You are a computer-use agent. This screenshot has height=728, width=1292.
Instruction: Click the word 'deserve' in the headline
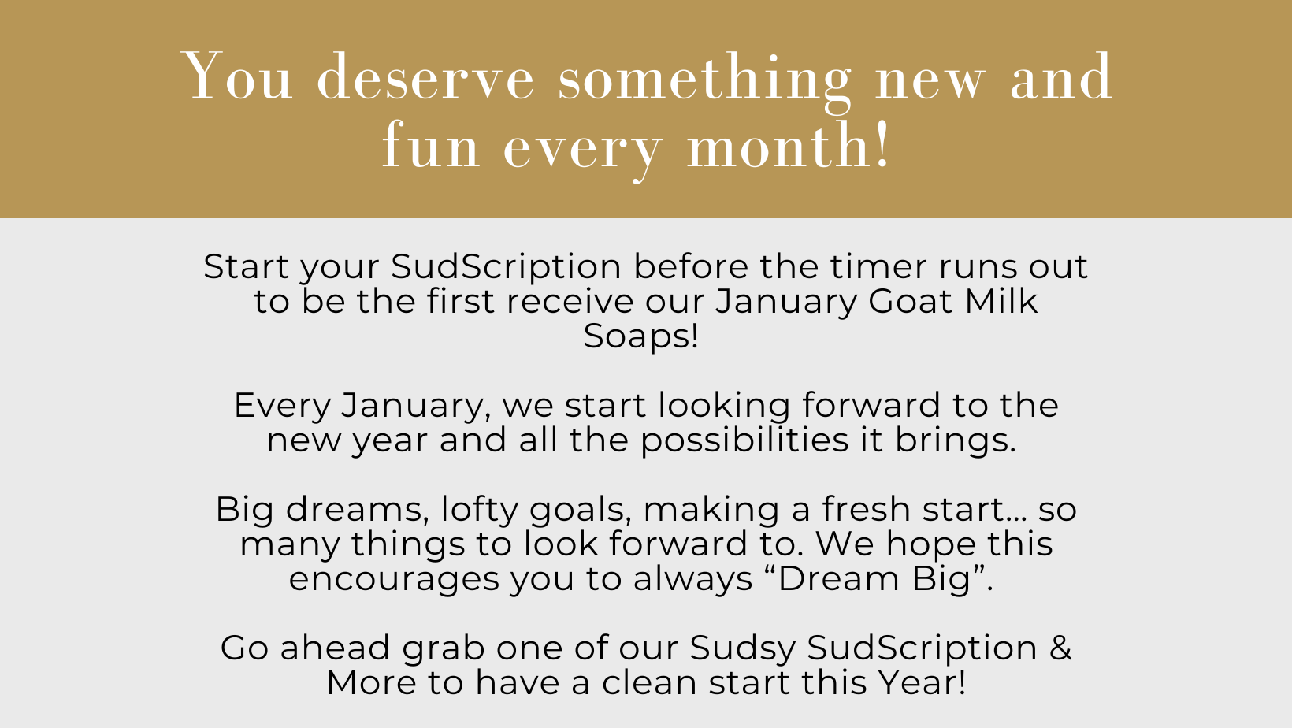425,78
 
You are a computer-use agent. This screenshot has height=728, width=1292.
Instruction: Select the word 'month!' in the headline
789,146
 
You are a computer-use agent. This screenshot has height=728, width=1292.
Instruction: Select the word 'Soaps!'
640,336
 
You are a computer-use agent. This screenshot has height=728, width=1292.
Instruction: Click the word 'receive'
570,301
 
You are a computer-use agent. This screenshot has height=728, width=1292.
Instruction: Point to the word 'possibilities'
744,440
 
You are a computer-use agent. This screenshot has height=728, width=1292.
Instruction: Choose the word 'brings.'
955,440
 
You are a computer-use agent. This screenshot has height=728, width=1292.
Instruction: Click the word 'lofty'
479,510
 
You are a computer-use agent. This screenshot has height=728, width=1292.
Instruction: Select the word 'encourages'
394,580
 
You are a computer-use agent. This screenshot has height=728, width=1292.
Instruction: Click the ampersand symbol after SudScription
1060,647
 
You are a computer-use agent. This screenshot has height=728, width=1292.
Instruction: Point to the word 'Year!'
923,683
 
